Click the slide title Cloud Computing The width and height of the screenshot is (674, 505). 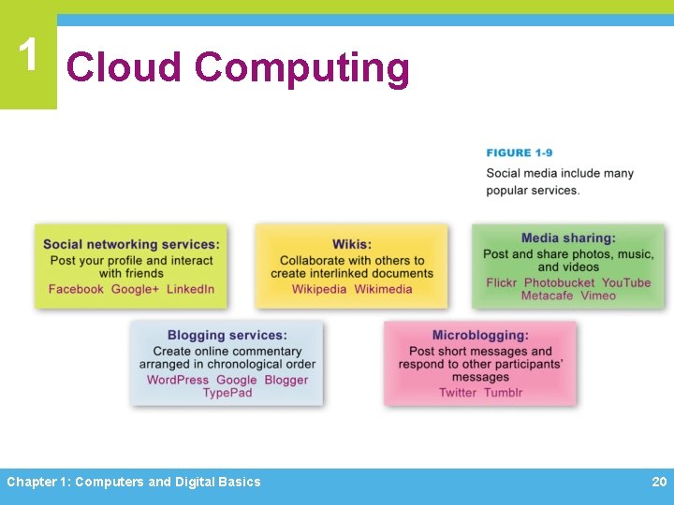[x=238, y=68]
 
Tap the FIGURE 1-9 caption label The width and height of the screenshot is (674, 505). [x=519, y=152]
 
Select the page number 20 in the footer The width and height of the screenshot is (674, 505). [x=659, y=482]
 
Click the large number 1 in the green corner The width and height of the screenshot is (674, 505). [x=28, y=56]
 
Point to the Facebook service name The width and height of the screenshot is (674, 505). [x=76, y=289]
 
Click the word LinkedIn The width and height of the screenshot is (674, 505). [x=190, y=289]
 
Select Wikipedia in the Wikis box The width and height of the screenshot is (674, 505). [x=319, y=289]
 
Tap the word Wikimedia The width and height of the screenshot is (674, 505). [x=383, y=289]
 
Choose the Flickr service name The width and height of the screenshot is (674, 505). [x=501, y=282]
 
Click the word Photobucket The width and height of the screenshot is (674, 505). [x=559, y=282]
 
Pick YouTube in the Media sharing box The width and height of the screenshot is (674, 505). [x=625, y=282]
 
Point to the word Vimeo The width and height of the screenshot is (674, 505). [x=598, y=296]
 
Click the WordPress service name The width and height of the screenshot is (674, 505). [x=178, y=380]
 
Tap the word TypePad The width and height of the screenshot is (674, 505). [x=227, y=393]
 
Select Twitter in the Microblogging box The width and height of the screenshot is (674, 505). [x=458, y=393]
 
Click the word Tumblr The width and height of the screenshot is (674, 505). [x=503, y=393]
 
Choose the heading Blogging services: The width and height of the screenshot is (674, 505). [x=227, y=335]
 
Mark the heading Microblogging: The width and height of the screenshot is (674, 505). [x=480, y=335]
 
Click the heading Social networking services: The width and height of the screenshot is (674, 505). [x=131, y=245]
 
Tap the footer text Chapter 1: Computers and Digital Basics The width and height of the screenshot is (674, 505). [x=134, y=482]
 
